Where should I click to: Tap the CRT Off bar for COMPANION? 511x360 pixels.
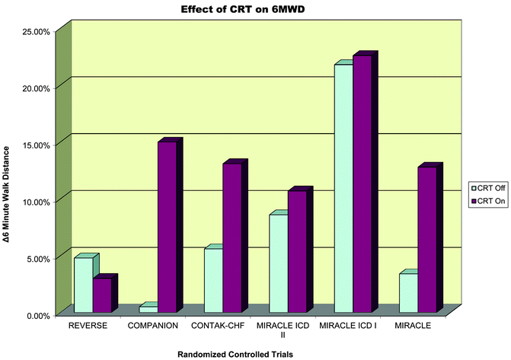(148, 310)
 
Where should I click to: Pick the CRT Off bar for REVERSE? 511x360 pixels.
(83, 285)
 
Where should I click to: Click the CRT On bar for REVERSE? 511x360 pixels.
(102, 295)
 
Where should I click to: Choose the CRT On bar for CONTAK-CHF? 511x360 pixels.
(232, 237)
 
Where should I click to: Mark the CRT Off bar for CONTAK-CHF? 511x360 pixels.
(212, 280)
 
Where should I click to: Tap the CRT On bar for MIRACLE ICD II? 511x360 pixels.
(297, 251)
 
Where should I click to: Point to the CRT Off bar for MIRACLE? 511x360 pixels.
(407, 293)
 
